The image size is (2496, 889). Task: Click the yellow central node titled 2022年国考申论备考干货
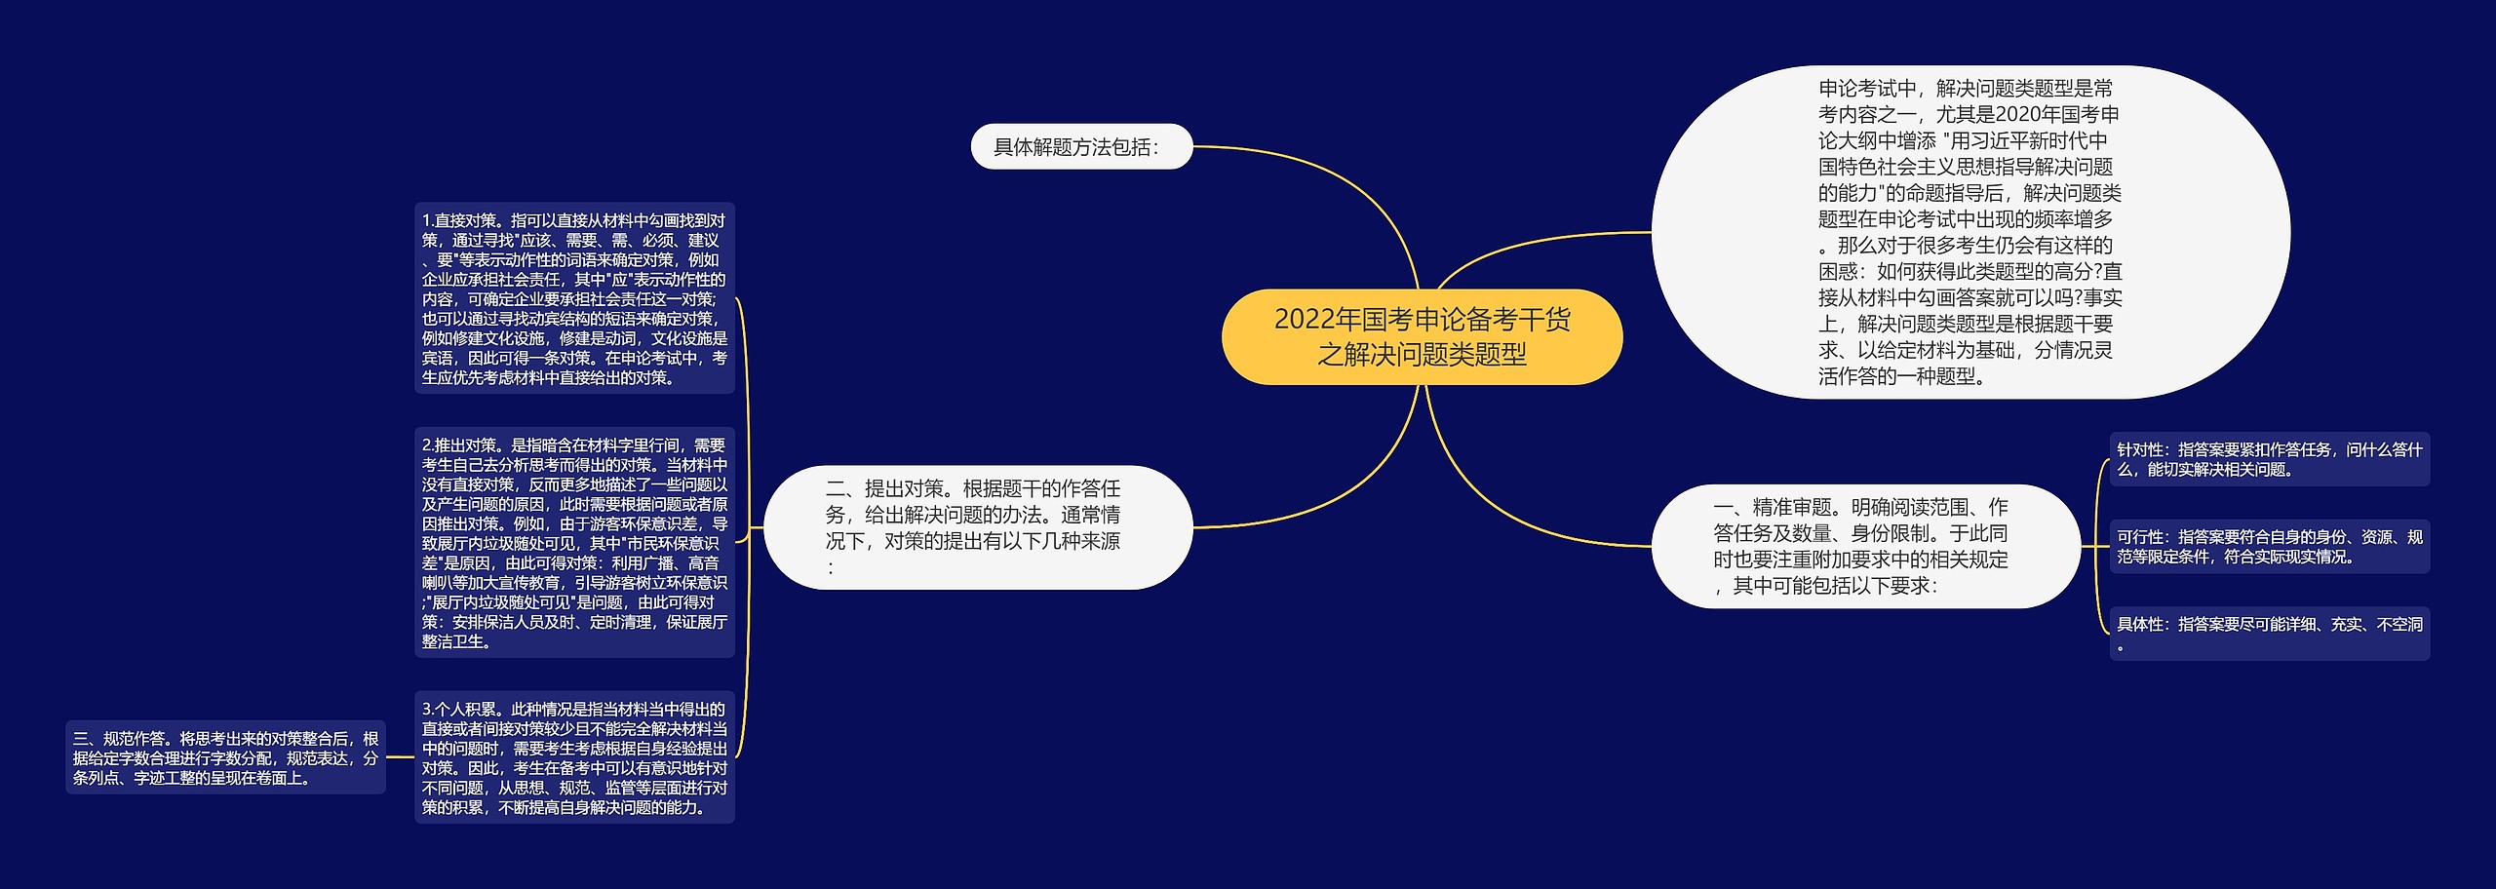[x=1422, y=336]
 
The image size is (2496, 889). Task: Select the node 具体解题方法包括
[x=1080, y=147]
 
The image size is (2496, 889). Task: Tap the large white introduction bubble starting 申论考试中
[x=1969, y=232]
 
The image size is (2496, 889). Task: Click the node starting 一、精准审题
[x=1864, y=546]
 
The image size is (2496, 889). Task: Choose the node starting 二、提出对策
[x=977, y=527]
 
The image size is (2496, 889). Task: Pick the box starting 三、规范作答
[x=225, y=757]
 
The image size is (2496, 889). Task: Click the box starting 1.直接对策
[x=574, y=298]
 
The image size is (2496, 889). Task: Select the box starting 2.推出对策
[x=574, y=543]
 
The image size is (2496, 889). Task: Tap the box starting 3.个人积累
[x=574, y=757]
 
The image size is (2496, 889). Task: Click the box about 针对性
[x=2269, y=459]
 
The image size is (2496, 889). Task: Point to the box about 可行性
[x=2269, y=546]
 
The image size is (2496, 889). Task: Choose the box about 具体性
[x=2269, y=634]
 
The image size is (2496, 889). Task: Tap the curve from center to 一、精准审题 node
[x=1501, y=507]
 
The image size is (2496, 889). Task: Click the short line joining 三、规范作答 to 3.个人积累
[x=400, y=757]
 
